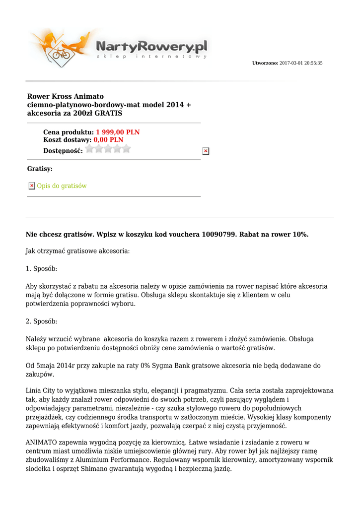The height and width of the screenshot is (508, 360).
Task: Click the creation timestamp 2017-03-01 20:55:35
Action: (301, 63)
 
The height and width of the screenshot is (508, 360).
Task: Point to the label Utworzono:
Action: (265, 63)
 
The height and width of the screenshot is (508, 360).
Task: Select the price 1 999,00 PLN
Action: (118, 132)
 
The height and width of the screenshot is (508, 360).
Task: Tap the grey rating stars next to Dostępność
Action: (108, 149)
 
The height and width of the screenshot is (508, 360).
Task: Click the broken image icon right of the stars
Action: (206, 151)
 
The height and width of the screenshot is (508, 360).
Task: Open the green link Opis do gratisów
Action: (62, 186)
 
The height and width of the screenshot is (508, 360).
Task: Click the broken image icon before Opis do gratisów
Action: (31, 186)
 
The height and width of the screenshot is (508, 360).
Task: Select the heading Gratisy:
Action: (40, 169)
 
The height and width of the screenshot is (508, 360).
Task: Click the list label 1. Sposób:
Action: (41, 269)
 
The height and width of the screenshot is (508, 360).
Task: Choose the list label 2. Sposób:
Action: (41, 321)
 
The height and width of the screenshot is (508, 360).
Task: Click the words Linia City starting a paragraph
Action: (41, 391)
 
